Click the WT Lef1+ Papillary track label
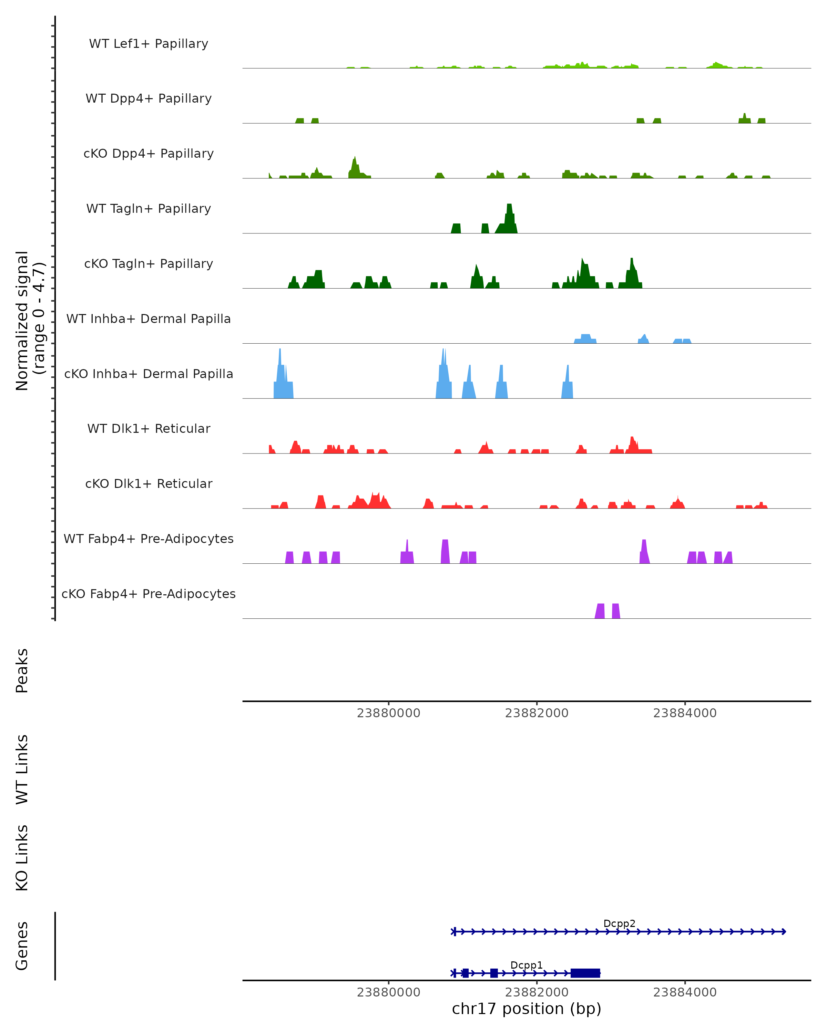pos(149,44)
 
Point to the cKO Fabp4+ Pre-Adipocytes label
pos(149,594)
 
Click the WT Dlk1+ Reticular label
pos(149,428)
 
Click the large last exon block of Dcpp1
pos(585,973)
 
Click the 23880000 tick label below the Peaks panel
pos(388,713)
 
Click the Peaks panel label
pos(22,670)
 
